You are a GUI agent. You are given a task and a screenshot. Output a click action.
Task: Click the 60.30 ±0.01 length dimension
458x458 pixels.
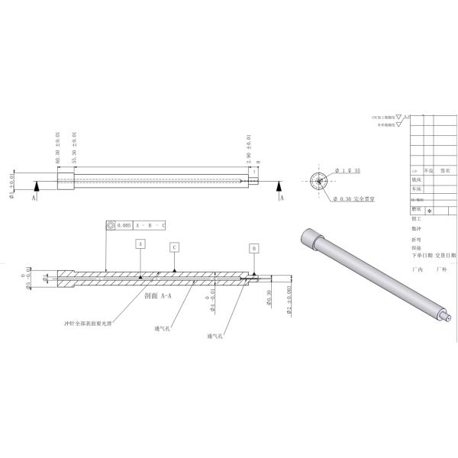tap(58, 148)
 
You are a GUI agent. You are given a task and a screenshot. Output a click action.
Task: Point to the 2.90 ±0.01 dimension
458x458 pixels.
tap(250, 148)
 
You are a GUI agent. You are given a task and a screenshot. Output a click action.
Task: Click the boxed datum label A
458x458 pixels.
tap(140, 244)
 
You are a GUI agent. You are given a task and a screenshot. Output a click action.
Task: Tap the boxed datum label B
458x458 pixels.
tap(254, 248)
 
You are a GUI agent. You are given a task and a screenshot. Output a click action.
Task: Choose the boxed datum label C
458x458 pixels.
tap(174, 247)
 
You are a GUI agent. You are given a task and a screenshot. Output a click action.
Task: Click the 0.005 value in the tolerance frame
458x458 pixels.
tap(124, 226)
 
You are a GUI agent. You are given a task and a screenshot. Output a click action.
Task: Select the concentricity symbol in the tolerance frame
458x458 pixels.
tap(111, 226)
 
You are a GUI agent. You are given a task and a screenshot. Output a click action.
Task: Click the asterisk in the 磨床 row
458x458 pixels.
tap(429, 210)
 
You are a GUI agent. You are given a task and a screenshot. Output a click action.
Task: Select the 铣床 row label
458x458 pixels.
tap(416, 180)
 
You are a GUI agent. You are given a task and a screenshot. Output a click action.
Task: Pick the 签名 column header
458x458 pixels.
tap(445, 172)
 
